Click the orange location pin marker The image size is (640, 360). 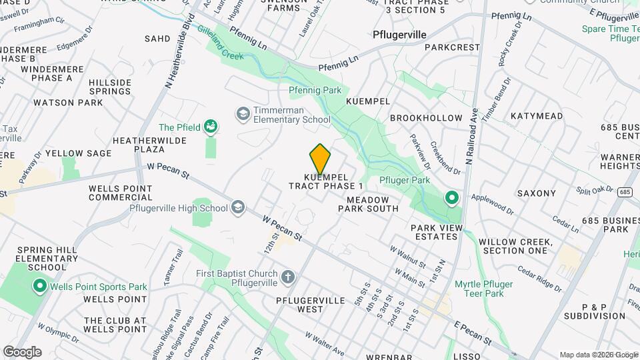click(x=320, y=159)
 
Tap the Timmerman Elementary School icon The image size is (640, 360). click(x=242, y=115)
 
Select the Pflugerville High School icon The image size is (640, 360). click(x=238, y=208)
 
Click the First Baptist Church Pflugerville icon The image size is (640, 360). click(x=287, y=277)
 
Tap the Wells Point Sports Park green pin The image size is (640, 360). click(x=39, y=287)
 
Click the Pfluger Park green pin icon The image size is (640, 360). click(x=451, y=197)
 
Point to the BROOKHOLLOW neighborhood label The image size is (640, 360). click(x=426, y=118)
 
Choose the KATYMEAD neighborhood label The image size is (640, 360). click(x=537, y=116)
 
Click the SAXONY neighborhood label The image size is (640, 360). click(x=536, y=193)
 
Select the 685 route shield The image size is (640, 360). click(x=624, y=192)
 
